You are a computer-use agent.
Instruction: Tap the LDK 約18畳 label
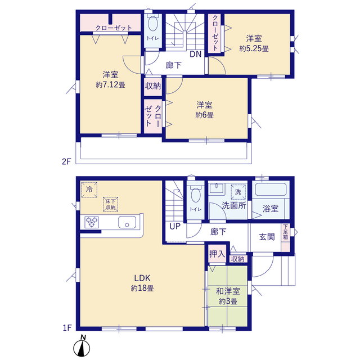pos(142,283)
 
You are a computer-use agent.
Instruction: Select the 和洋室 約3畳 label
pos(228,296)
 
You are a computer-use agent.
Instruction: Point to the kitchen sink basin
pos(127,222)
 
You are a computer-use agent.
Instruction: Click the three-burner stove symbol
pos(92,222)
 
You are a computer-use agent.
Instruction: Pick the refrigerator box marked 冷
pos(89,190)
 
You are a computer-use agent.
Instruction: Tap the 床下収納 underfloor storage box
pos(110,204)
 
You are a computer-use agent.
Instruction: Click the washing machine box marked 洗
pos(238,192)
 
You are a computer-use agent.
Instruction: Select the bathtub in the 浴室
pos(271,189)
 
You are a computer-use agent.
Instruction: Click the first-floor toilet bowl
pos(196,195)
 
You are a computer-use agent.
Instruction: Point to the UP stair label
pos(175,226)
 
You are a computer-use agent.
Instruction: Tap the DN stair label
pos(196,54)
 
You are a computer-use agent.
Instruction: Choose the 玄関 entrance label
pos(267,237)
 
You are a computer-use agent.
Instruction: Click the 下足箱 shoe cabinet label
pos(285,232)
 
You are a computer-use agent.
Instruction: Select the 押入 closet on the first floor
pos(217,254)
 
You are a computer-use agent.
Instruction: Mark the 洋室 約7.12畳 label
pos(110,80)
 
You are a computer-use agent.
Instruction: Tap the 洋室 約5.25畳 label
pos(254,43)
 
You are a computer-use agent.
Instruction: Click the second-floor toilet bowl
pos(152,23)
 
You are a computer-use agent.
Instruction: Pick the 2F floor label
pos(66,161)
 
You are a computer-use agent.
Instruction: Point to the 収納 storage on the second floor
pos(153,86)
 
